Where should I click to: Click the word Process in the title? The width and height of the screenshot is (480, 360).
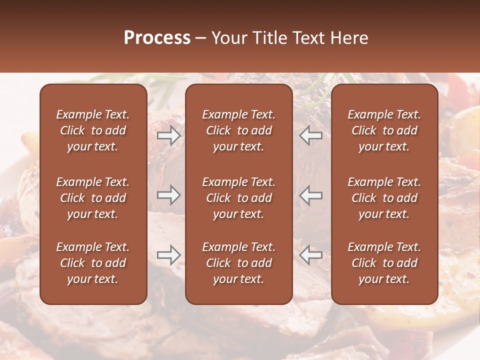click(x=157, y=38)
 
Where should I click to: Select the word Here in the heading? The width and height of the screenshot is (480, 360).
click(x=349, y=38)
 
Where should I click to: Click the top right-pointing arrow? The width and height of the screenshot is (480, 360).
click(x=168, y=135)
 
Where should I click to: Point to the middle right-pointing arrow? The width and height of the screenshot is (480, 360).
click(x=168, y=195)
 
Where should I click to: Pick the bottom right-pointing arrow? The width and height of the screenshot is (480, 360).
click(x=168, y=255)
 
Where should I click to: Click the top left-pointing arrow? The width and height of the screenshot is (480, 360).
click(x=311, y=135)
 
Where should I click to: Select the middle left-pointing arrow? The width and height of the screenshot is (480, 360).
click(x=311, y=195)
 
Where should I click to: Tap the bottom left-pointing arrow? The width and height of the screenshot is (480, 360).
click(x=311, y=255)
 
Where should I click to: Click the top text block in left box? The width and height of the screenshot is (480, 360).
click(x=93, y=130)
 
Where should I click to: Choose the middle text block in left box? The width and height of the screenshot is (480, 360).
click(x=93, y=198)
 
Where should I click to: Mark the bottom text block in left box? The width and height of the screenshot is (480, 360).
click(x=93, y=263)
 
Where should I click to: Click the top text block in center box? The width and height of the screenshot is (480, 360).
click(x=239, y=130)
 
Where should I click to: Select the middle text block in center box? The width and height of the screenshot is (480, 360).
click(x=239, y=198)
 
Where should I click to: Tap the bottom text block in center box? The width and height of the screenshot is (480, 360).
click(x=239, y=263)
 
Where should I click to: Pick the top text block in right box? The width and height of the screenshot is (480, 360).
click(x=384, y=130)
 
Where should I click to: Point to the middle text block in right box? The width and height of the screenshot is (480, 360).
click(x=384, y=198)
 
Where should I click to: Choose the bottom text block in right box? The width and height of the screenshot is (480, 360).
click(x=384, y=263)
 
